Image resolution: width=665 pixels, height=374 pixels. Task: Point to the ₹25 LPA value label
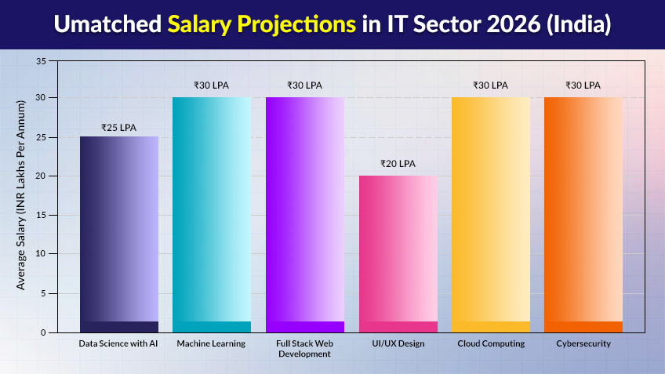pyautogui.click(x=119, y=127)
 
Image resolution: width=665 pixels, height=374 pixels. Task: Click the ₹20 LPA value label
pyautogui.click(x=398, y=164)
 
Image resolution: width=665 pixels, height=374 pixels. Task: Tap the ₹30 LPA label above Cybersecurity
pyautogui.click(x=583, y=85)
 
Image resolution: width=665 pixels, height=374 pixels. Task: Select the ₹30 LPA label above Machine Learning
pyautogui.click(x=212, y=85)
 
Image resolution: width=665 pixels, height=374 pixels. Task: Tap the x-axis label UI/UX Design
pyautogui.click(x=398, y=344)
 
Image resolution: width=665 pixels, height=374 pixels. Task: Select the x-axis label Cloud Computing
pyautogui.click(x=490, y=344)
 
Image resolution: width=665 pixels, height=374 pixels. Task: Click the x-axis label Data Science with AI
pyautogui.click(x=119, y=344)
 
